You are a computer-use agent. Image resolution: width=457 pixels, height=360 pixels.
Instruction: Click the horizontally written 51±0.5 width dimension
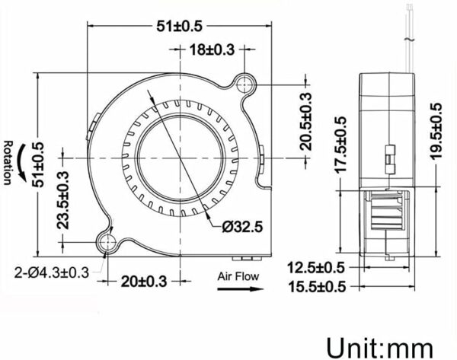[x=181, y=26]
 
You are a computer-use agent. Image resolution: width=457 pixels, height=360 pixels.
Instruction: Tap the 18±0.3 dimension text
[x=213, y=50]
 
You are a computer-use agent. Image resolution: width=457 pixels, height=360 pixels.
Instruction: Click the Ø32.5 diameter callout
[x=243, y=226]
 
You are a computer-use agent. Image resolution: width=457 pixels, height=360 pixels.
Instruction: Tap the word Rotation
[x=8, y=163]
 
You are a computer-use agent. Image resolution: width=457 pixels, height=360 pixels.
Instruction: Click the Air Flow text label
[x=238, y=276]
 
